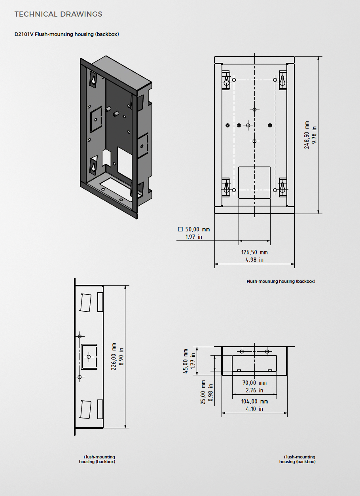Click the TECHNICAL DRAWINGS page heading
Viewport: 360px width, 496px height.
click(x=58, y=14)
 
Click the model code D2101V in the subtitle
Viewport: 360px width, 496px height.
click(x=24, y=34)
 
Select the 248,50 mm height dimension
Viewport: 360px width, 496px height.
click(x=307, y=135)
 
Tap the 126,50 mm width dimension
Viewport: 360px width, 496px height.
click(x=254, y=252)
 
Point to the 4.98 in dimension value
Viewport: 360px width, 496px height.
click(x=254, y=260)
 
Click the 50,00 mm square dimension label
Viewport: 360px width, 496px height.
click(x=197, y=229)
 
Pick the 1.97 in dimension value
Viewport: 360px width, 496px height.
click(x=194, y=237)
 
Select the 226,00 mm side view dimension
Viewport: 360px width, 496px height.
click(x=114, y=356)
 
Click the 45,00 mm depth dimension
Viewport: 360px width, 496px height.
click(x=186, y=361)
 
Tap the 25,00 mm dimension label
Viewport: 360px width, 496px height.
click(x=203, y=392)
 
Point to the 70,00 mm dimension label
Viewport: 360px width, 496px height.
click(x=254, y=383)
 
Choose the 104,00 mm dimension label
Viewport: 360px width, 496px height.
click(x=254, y=401)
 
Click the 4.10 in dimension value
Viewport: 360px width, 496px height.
click(x=254, y=409)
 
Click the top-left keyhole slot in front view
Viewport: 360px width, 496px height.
click(x=226, y=80)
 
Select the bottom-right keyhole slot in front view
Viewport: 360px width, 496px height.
click(x=283, y=187)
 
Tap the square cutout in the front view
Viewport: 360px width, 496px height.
click(x=254, y=182)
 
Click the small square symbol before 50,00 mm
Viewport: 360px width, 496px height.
click(x=180, y=229)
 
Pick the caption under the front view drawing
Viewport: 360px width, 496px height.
click(x=281, y=282)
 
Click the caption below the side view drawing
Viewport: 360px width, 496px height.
click(x=97, y=460)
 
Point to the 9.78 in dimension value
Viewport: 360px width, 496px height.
click(x=315, y=135)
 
